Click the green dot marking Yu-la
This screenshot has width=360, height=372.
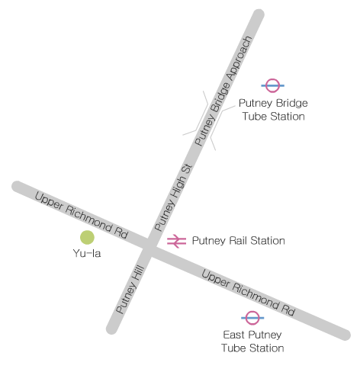pos(87,237)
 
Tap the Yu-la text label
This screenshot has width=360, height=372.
pos(87,253)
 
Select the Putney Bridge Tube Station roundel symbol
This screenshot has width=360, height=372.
pos(273,86)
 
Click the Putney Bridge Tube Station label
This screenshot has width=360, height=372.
pos(272,110)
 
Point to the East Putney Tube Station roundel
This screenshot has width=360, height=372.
pos(252,317)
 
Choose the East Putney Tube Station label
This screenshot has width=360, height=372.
pos(252,342)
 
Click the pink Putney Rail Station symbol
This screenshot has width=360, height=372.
pos(176,241)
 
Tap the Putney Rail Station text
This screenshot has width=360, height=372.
pos(238,241)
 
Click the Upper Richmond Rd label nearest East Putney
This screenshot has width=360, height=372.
pos(248,292)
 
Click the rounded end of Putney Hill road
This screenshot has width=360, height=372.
pos(112,329)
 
